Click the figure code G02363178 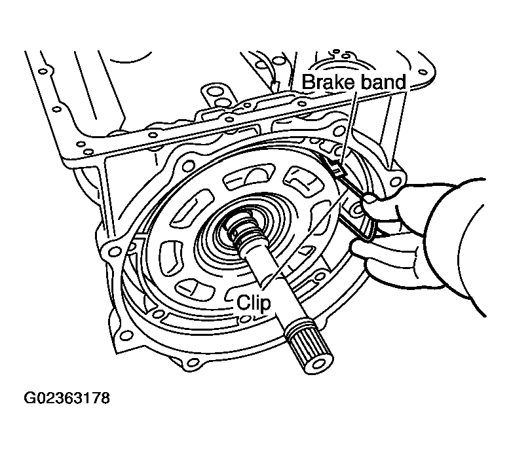click(67, 398)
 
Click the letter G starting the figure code click(30, 398)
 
